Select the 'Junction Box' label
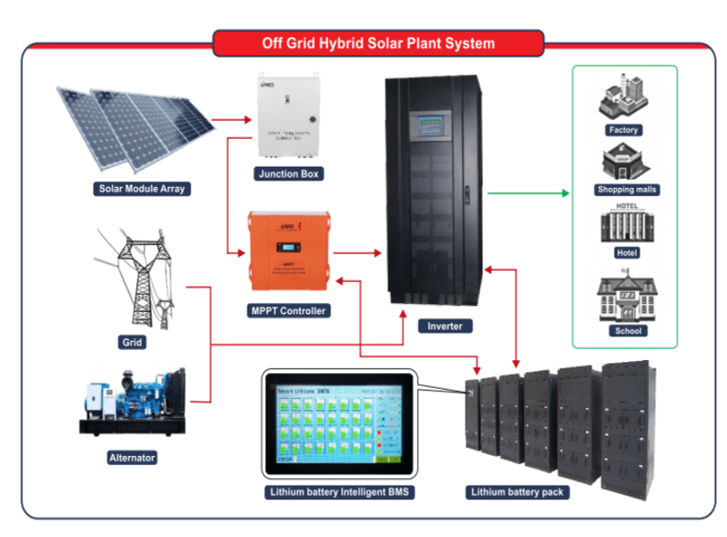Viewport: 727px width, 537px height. click(289, 173)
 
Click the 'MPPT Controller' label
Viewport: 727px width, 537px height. click(289, 311)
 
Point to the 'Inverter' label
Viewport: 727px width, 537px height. click(444, 326)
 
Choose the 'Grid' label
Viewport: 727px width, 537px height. click(133, 343)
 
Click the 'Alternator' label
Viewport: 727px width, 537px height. click(133, 457)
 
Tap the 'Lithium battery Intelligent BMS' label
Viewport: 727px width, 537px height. click(338, 493)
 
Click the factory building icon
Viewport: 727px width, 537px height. click(623, 99)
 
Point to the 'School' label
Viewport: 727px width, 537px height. click(625, 331)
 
